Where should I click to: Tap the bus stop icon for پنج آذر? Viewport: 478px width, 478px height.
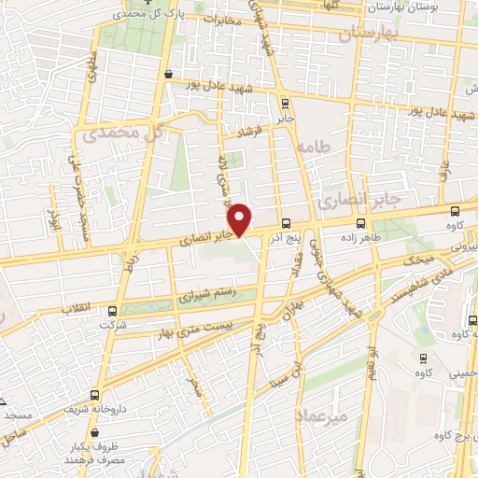tap(286, 223)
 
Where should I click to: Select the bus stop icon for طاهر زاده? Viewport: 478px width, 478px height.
tap(360, 223)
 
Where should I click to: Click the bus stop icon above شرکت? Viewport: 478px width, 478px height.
tap(112, 309)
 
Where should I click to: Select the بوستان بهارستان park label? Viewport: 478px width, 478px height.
tap(430, 6)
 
